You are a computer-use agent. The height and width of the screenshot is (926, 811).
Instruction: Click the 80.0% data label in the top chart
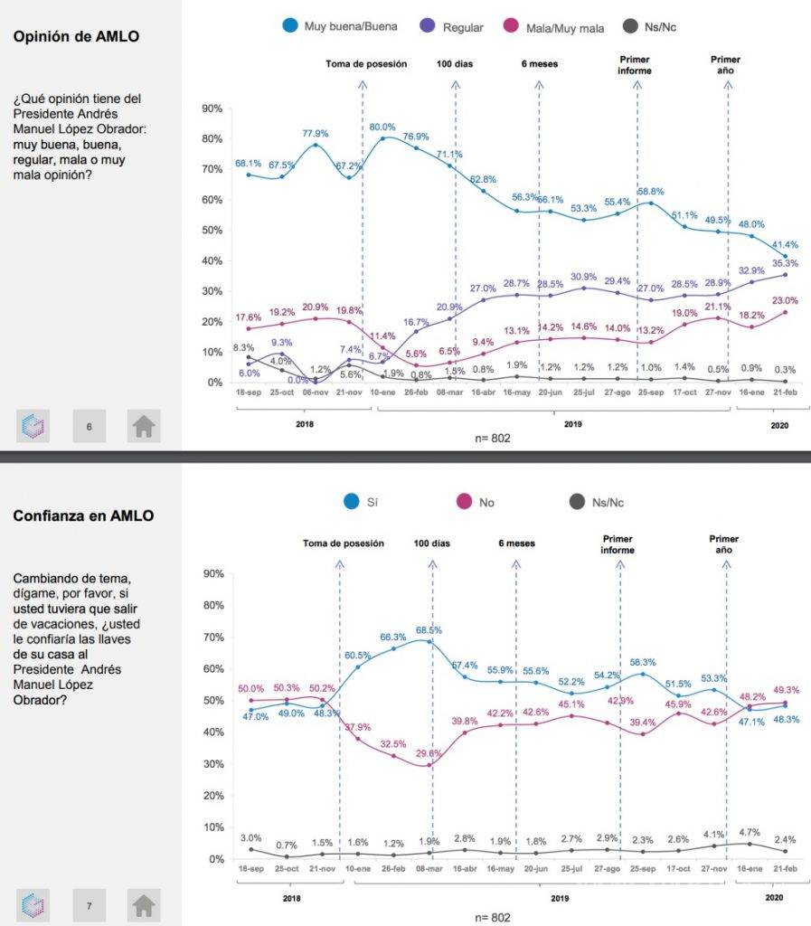(x=383, y=127)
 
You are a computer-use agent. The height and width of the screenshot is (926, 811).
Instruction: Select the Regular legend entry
(x=462, y=28)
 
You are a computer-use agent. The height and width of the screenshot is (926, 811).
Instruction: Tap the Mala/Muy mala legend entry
(x=566, y=28)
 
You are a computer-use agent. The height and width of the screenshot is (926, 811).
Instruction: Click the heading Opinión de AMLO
(x=77, y=36)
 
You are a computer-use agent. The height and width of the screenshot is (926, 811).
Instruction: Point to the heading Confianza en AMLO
(x=83, y=515)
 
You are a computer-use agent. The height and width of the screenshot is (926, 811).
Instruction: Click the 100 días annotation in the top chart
(x=455, y=64)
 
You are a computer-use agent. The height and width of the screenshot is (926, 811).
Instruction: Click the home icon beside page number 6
(x=143, y=426)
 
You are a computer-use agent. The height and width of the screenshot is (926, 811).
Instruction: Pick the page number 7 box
(x=90, y=903)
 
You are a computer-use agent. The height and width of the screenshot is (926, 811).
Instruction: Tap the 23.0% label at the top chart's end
(x=785, y=301)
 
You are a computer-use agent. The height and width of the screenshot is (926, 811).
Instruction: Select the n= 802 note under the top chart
(x=494, y=438)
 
